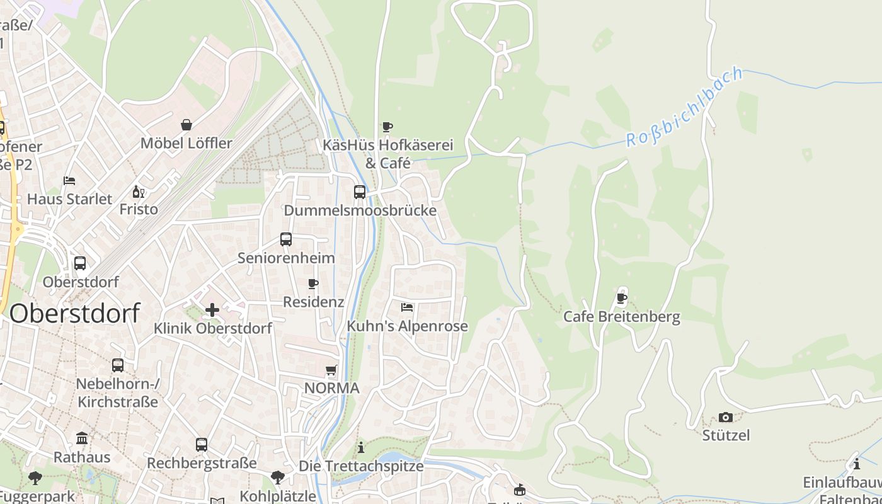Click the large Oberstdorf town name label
pos(74,313)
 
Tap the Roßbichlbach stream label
pos(685,108)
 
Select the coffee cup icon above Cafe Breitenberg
pos(622,298)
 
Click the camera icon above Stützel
pos(726,417)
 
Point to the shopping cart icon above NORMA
pos(331,370)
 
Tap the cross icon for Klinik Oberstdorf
pos(212,309)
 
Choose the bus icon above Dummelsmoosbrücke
pos(360,192)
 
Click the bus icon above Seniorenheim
pos(286,239)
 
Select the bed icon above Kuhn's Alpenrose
pos(407,307)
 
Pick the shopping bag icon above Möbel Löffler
pos(186,125)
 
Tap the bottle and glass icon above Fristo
pos(139,192)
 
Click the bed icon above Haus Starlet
pos(69,181)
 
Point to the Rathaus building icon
pos(82,438)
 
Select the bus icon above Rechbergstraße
pos(202,445)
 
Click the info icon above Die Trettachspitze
pos(361,448)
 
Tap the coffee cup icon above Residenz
pos(313,284)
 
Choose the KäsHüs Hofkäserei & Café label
pos(387,154)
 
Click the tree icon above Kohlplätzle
pos(278,478)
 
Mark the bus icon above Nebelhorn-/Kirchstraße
pos(118,365)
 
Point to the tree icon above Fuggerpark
pos(35,479)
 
